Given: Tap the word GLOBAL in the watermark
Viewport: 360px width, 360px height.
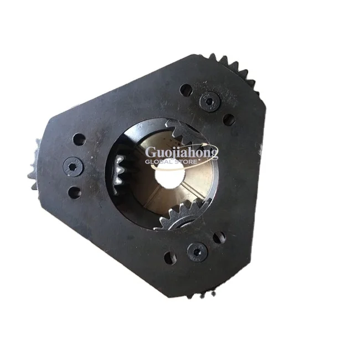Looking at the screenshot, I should pyautogui.click(x=161, y=162).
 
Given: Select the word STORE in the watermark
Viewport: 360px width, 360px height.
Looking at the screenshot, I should pyautogui.click(x=197, y=162).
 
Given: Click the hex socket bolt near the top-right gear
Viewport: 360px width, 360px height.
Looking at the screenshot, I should pyautogui.click(x=209, y=101).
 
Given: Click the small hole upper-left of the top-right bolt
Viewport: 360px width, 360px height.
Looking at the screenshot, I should pyautogui.click(x=186, y=89).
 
